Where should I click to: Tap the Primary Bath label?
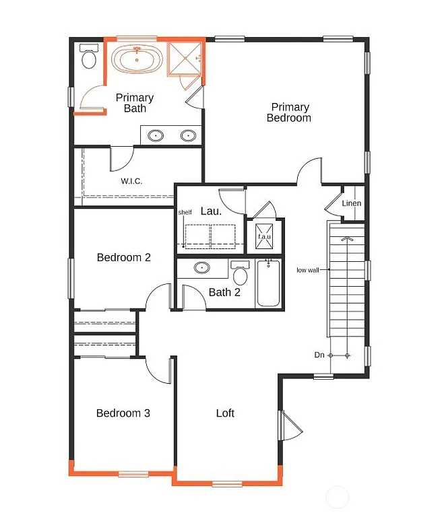click(135, 103)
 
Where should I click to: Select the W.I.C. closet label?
click(131, 180)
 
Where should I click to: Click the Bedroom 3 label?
click(123, 413)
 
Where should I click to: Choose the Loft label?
click(225, 413)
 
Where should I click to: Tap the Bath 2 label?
click(224, 292)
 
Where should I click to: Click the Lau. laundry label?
click(211, 211)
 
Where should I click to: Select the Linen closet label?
click(351, 203)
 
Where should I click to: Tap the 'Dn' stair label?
click(319, 355)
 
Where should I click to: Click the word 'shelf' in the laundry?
click(185, 213)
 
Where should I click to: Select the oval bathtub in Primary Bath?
click(137, 59)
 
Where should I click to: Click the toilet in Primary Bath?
click(88, 59)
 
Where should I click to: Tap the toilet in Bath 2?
click(241, 275)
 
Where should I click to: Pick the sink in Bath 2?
click(201, 268)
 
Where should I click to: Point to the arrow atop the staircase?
click(346, 238)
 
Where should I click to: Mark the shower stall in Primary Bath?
click(185, 59)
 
